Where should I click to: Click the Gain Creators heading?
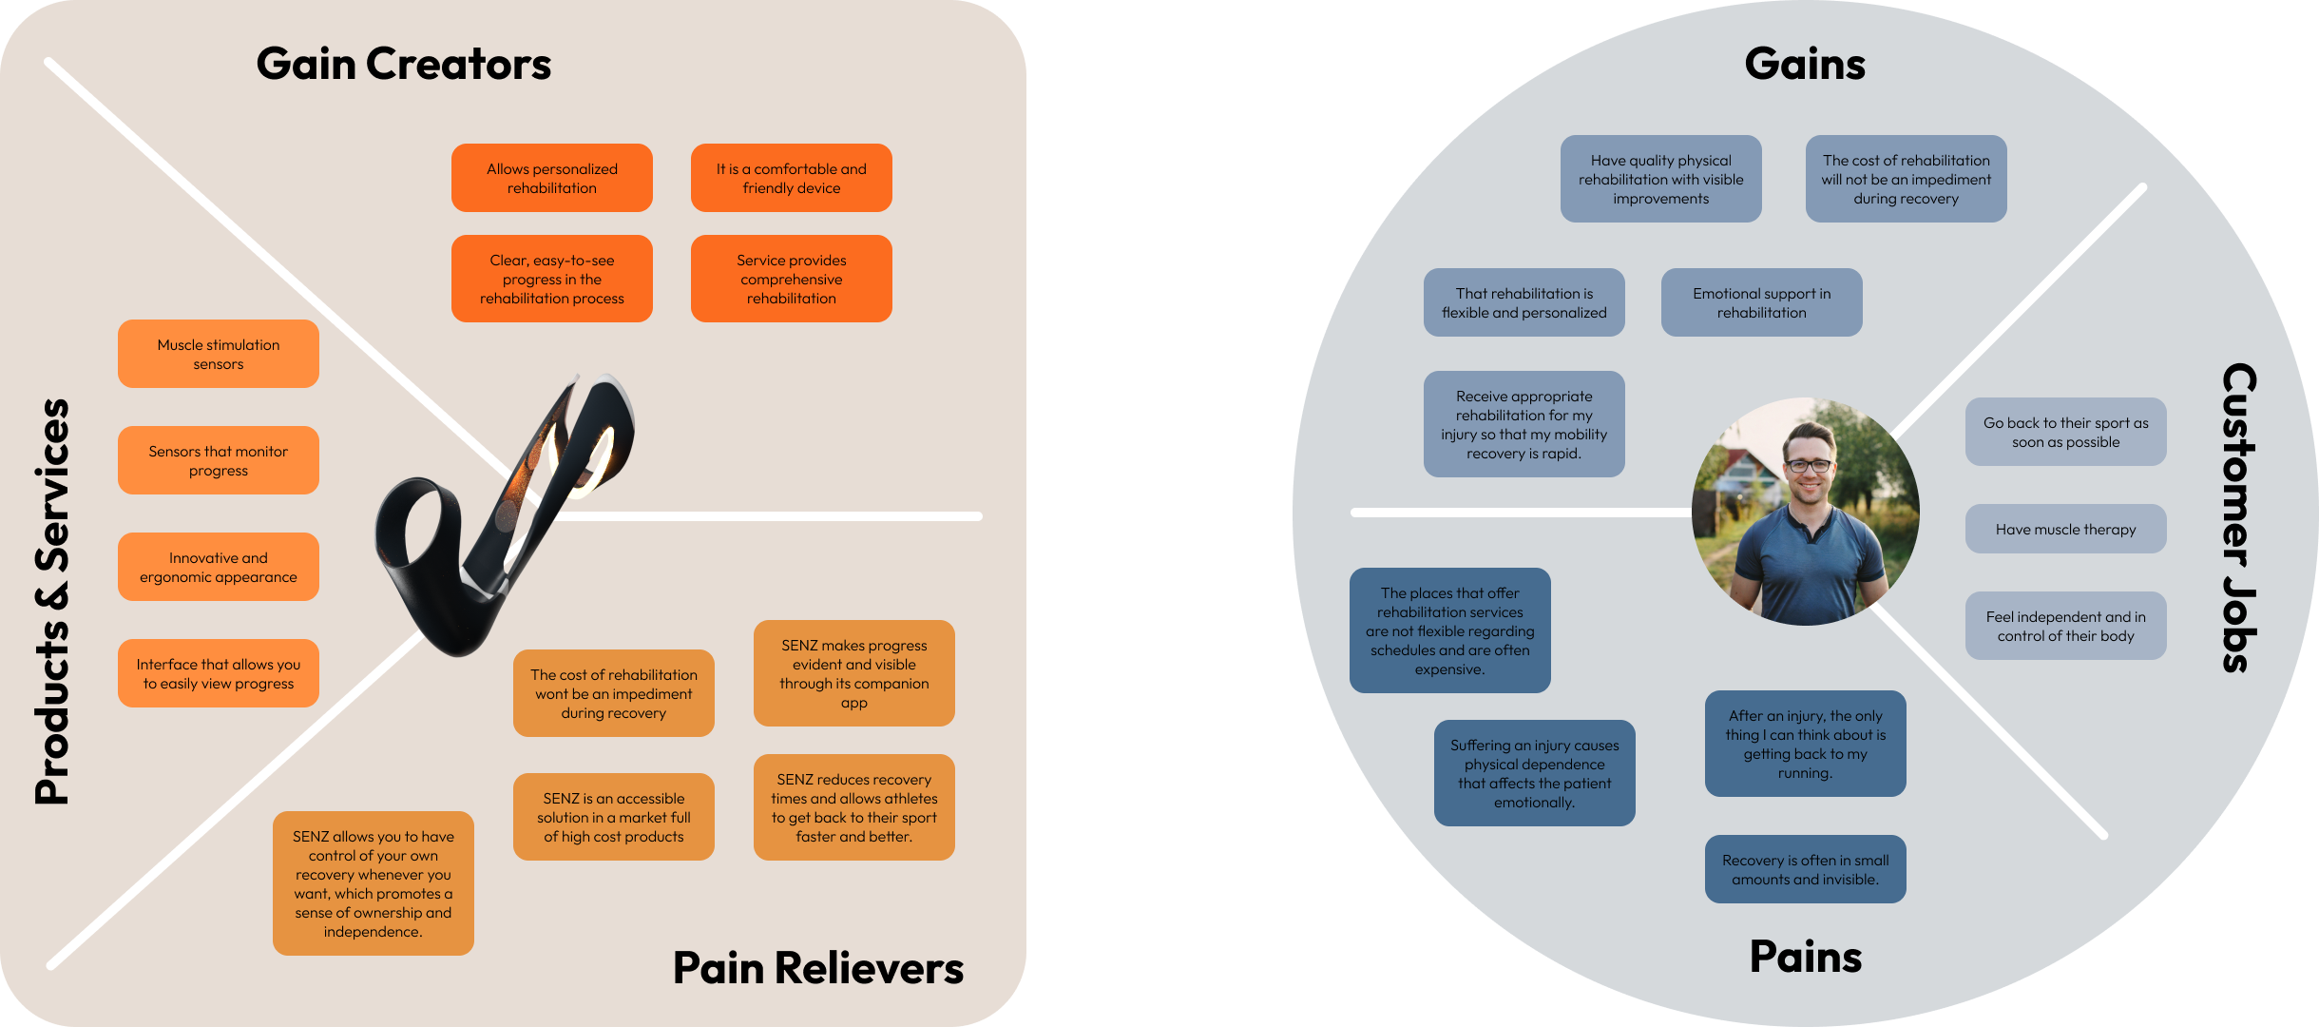(403, 64)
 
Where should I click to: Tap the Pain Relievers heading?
(817, 968)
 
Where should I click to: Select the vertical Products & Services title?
(52, 601)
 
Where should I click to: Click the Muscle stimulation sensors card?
(219, 354)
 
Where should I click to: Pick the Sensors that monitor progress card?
(219, 460)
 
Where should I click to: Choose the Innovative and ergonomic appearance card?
(219, 567)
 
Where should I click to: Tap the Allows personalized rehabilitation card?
(551, 178)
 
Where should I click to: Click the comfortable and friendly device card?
(791, 178)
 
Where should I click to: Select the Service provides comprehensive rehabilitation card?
(791, 279)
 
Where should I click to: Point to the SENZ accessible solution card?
(613, 817)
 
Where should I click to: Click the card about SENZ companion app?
(853, 673)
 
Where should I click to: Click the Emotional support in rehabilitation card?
(1761, 302)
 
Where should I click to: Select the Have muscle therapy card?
(2065, 529)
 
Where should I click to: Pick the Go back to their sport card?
(2065, 432)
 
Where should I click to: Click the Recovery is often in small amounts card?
(1805, 869)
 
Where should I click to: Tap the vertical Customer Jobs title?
(2239, 517)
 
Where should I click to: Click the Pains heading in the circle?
(1805, 957)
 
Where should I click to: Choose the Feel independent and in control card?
(2065, 626)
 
